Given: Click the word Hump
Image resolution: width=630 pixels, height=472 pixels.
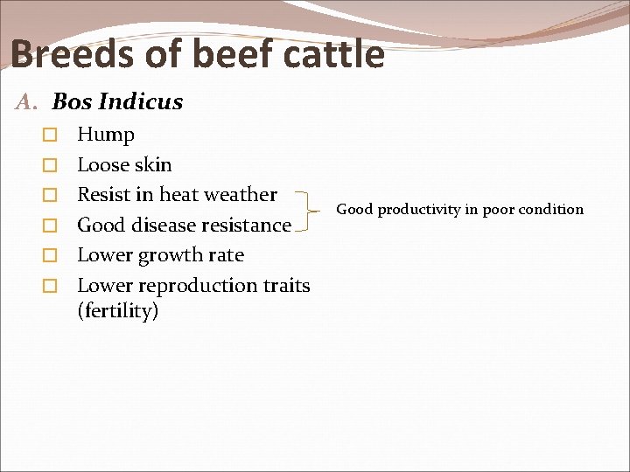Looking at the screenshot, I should pyautogui.click(x=106, y=135).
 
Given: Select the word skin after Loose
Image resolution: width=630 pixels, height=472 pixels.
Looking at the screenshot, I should pyautogui.click(x=153, y=164).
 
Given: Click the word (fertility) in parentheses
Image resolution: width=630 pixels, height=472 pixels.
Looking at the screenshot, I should pyautogui.click(x=118, y=310).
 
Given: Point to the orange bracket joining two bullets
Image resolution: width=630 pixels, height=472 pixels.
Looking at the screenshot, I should pyautogui.click(x=311, y=210).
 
